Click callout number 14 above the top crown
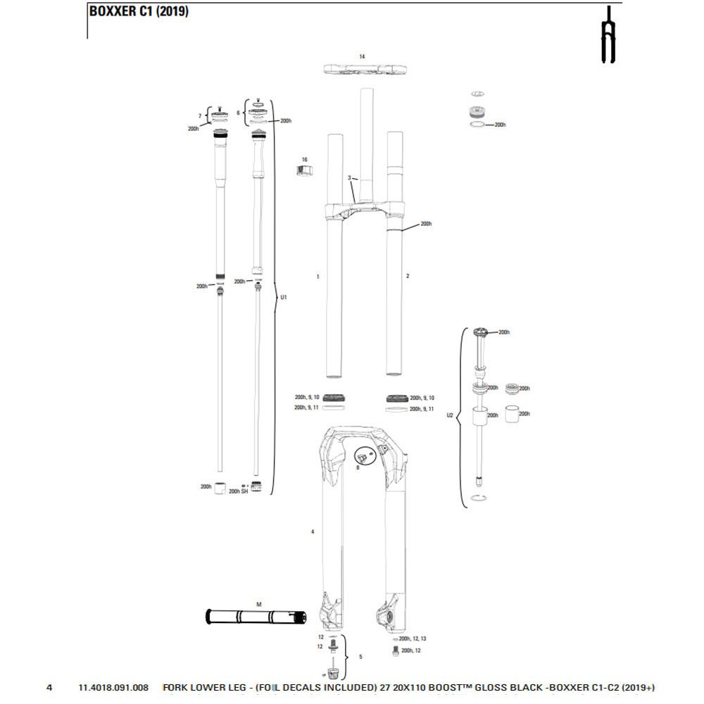(x=362, y=56)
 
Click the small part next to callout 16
(x=304, y=171)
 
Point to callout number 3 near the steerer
(x=349, y=177)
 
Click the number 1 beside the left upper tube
(x=318, y=277)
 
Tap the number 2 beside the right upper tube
(x=408, y=277)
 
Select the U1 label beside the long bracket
(x=284, y=297)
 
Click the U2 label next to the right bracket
(x=451, y=415)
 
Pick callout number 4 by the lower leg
(x=312, y=532)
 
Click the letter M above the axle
(x=258, y=605)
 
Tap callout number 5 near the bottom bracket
(x=360, y=657)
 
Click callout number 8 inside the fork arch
(x=358, y=466)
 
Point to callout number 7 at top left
(x=200, y=115)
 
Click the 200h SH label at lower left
(x=239, y=491)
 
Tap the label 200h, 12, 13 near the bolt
(x=413, y=638)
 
